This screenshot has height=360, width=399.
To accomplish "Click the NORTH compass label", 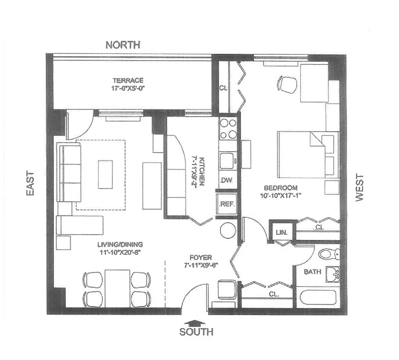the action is (x=123, y=45).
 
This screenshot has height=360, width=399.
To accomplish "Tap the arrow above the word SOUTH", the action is (x=195, y=323).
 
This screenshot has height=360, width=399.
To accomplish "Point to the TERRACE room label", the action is (x=128, y=80).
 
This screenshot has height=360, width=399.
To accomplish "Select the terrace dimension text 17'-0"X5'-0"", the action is (x=128, y=89).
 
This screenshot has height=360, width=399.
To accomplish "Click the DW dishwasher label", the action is (x=226, y=180).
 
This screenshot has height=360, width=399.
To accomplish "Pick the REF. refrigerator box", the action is (x=227, y=204).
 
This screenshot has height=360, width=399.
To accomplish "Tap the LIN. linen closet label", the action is (x=282, y=232).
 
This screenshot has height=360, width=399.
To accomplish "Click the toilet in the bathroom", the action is (x=329, y=254).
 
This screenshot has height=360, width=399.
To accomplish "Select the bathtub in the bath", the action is (x=318, y=297).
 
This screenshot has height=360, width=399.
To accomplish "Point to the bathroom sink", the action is (x=333, y=274).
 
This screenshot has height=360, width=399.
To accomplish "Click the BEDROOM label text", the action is (x=281, y=188).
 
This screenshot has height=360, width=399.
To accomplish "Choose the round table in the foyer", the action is (x=228, y=230).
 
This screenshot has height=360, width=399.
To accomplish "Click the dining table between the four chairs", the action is (x=117, y=289).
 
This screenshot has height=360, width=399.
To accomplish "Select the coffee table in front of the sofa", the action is (x=105, y=175).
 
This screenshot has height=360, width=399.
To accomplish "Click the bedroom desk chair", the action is (x=287, y=84).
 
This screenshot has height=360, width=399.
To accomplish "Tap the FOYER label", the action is (x=201, y=257).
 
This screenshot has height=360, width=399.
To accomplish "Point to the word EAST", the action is (x=30, y=183).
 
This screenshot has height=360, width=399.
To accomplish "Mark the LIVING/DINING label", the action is (x=120, y=244).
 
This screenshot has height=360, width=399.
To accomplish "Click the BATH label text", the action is (x=313, y=272).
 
